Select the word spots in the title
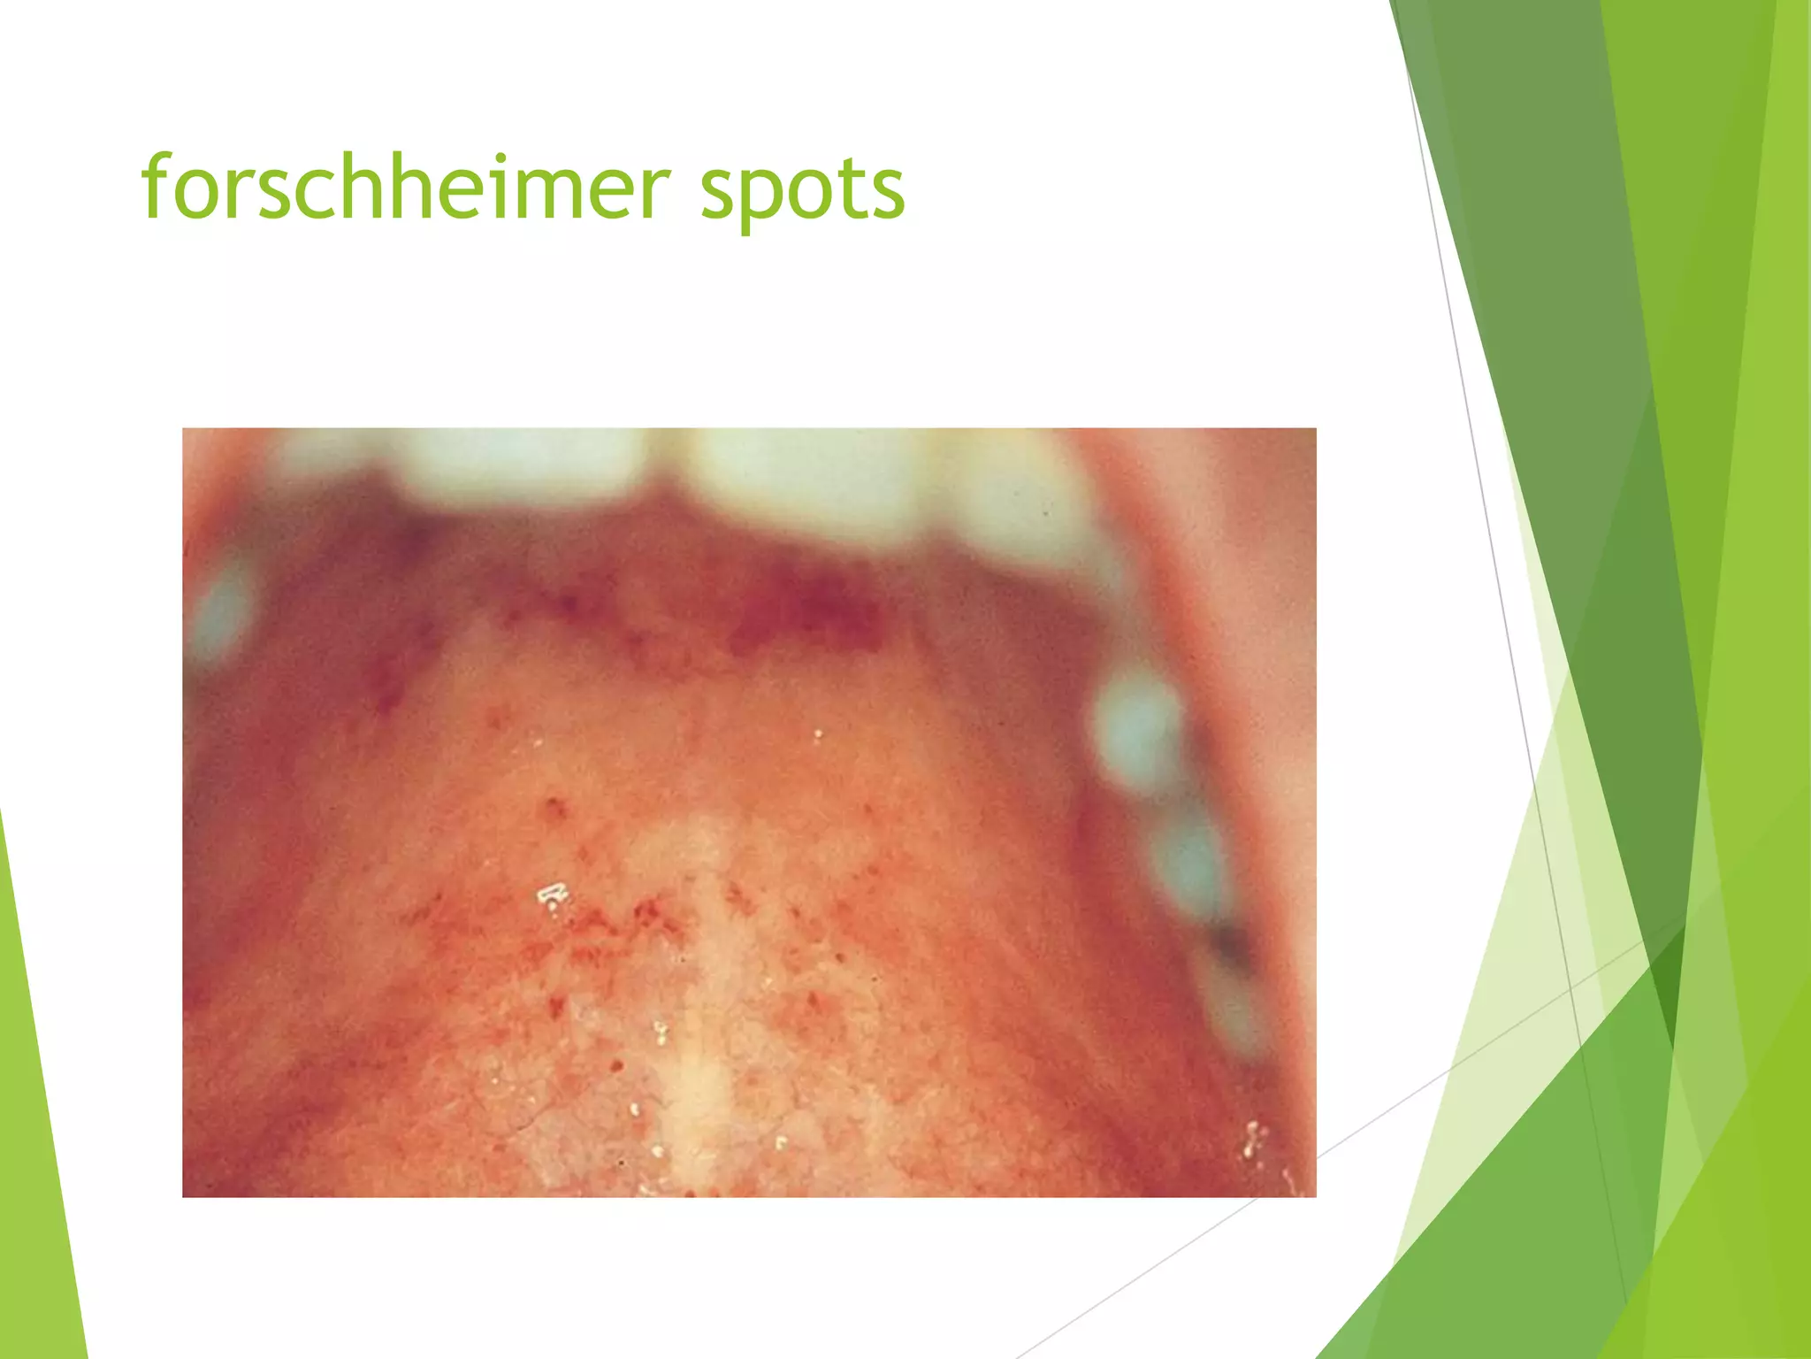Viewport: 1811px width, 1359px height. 803,190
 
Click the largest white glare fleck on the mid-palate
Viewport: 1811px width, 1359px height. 553,895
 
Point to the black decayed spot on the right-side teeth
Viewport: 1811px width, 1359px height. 1229,947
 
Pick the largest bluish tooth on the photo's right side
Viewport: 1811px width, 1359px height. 1136,726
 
